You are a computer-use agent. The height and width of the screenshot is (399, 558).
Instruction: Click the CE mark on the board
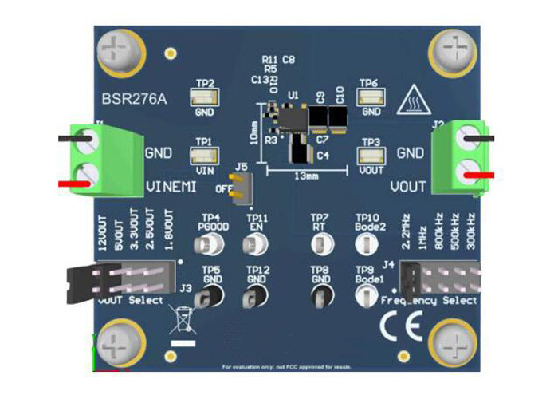[396, 326]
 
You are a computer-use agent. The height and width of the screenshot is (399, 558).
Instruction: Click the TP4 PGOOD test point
[212, 242]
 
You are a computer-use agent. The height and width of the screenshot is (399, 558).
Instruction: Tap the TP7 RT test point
[320, 242]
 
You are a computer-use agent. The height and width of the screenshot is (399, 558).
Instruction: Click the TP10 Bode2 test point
[365, 242]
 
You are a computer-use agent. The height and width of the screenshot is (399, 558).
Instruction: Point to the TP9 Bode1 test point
[364, 297]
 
